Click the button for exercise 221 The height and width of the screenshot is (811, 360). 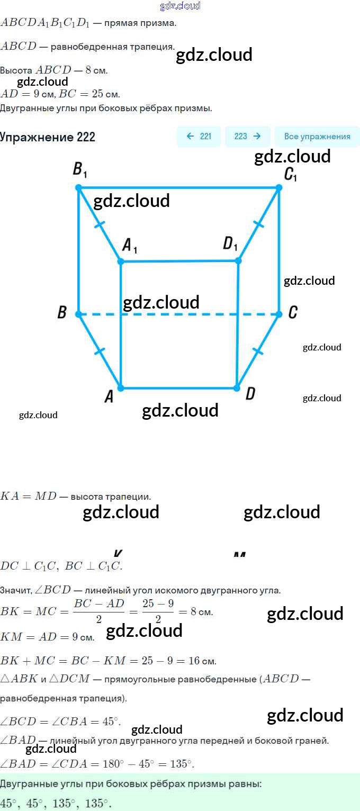pos(199,137)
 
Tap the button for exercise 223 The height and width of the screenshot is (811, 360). pos(247,137)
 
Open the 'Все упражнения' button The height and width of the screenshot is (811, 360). pos(317,137)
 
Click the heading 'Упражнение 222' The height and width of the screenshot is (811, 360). pos(48,137)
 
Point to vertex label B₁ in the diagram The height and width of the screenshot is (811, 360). pos(80,170)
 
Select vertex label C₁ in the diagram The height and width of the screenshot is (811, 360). pos(290,174)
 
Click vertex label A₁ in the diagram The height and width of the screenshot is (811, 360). pos(130,245)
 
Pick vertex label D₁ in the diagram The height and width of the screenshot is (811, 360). pos(230,244)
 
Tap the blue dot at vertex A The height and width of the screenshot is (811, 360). pos(121,388)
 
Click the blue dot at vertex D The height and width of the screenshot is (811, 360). pos(237,388)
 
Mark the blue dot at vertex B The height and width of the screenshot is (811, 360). pos(78,314)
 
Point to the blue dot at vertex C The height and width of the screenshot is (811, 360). pos(280,314)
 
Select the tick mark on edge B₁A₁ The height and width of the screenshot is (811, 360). pos(98,224)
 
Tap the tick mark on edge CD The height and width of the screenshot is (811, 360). pos(258,351)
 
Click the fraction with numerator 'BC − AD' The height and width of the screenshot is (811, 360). pos(99,611)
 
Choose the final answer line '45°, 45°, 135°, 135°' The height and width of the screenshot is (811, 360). pos(56,803)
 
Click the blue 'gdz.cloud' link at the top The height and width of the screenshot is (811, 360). pos(180,6)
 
